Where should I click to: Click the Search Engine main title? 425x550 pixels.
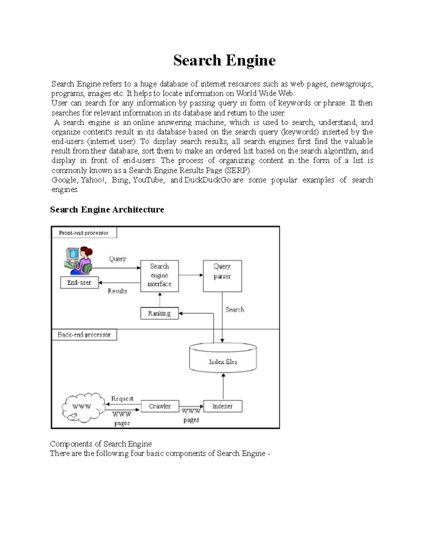coord(224,60)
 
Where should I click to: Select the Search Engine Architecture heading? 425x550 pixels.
coord(107,210)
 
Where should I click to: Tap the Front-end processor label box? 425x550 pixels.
coord(84,233)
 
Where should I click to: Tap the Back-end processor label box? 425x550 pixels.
coord(84,335)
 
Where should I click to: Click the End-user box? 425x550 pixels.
coord(79,283)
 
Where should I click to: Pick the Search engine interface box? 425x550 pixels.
coord(159,276)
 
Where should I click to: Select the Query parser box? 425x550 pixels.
coord(222,276)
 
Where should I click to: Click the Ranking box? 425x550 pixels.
coord(159,313)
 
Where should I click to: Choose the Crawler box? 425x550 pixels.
coord(160,406)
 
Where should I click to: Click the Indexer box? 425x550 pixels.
coord(223,406)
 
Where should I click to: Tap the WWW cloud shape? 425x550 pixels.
coord(83,407)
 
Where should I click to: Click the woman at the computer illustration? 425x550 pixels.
coord(80,261)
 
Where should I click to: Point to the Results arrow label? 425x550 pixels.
coord(117,291)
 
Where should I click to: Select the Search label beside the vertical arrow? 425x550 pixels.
coord(235,310)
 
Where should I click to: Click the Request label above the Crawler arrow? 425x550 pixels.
coord(122,398)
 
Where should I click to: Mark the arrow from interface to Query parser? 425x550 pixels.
coord(191,275)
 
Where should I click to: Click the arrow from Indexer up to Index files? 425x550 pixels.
coord(223,386)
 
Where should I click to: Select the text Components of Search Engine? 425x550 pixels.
coord(101,444)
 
